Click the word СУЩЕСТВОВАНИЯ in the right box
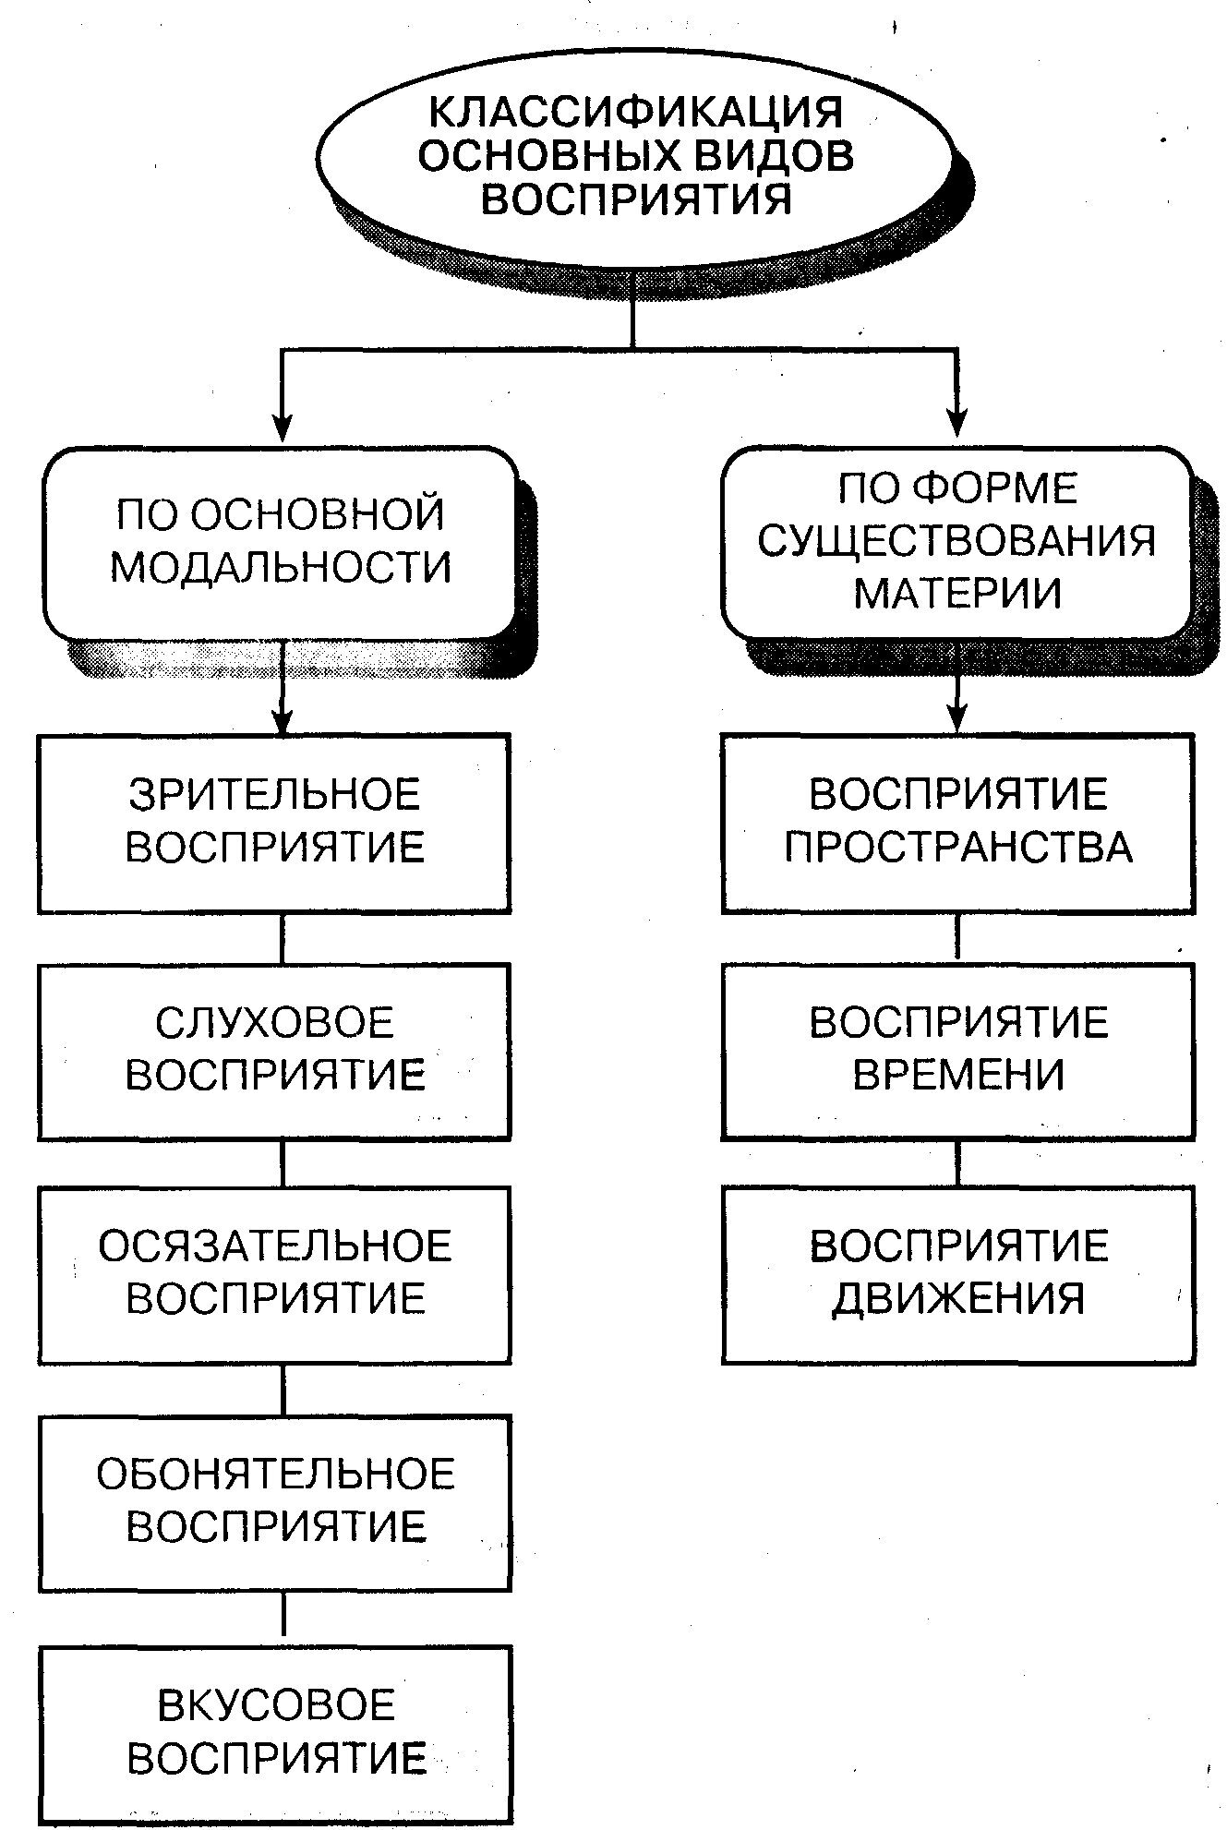[x=956, y=540]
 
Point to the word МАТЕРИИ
[x=956, y=593]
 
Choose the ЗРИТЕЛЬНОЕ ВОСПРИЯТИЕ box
[x=274, y=823]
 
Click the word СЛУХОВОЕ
[x=274, y=1023]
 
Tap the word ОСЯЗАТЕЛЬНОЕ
[x=274, y=1246]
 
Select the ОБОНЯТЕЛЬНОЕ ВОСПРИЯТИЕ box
[x=274, y=1501]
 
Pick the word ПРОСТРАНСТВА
[x=958, y=848]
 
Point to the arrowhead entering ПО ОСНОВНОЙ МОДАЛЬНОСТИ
[x=283, y=427]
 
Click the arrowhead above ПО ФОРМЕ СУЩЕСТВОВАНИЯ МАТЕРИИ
[x=957, y=424]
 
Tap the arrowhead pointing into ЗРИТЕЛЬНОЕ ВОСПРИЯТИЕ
[x=283, y=719]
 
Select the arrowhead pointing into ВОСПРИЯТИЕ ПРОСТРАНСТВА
[x=957, y=717]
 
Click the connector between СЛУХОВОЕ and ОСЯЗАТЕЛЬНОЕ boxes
[x=283, y=1163]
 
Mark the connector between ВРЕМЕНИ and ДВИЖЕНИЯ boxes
[x=957, y=1163]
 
